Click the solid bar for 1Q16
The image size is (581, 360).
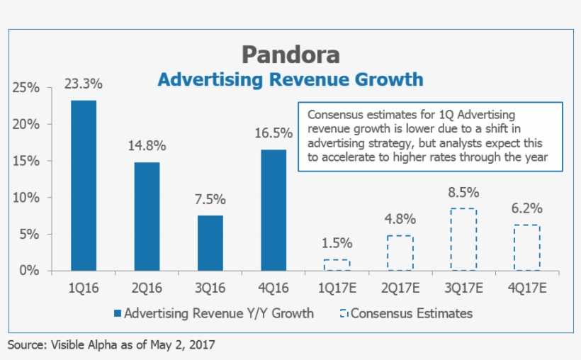pos(84,186)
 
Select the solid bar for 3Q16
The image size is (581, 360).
pos(210,243)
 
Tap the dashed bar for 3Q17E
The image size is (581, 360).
pos(463,240)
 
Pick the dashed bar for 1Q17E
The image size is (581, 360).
pos(337,265)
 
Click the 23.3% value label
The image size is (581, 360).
pos(84,84)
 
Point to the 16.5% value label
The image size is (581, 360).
pos(273,133)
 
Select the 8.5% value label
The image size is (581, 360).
pos(463,192)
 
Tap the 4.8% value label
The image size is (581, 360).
pos(400,219)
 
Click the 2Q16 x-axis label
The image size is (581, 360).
pos(147,288)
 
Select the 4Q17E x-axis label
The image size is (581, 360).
pos(526,288)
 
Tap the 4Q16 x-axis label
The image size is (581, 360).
pos(273,288)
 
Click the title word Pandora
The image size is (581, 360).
pos(290,55)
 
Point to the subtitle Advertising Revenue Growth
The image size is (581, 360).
pos(290,79)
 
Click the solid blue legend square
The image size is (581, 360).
pos(118,313)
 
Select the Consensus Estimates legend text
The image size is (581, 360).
pos(411,313)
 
